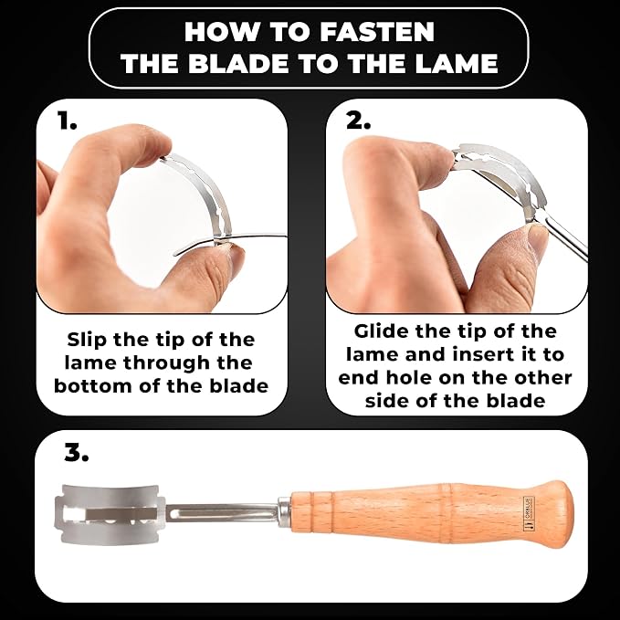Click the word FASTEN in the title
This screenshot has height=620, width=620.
[x=377, y=32]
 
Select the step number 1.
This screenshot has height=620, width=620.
[x=67, y=121]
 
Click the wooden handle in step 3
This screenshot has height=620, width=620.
[x=432, y=513]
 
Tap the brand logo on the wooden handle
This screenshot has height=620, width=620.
[x=529, y=513]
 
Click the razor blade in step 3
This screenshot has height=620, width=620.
[x=110, y=514]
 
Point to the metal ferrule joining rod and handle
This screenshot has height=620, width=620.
[x=284, y=513]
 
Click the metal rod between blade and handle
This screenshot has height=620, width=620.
[x=222, y=513]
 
